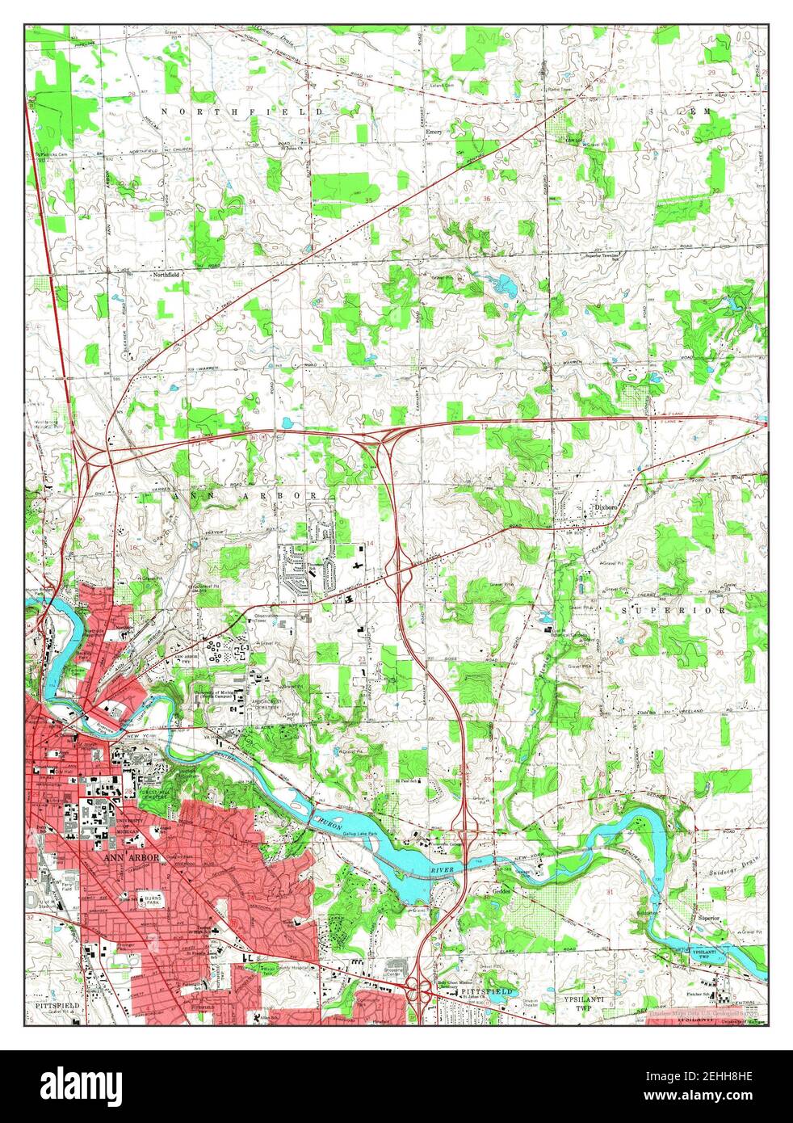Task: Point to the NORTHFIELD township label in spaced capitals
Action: click(x=241, y=111)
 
